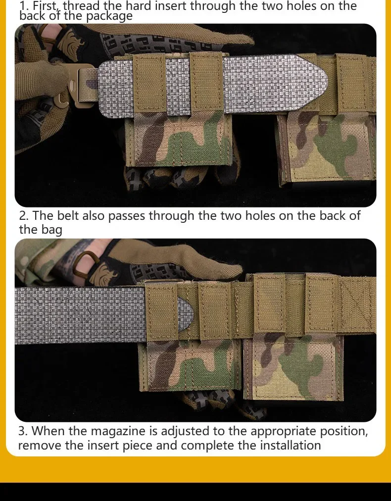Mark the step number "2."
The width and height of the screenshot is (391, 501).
[x=24, y=216]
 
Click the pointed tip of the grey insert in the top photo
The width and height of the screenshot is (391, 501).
[x=328, y=82]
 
